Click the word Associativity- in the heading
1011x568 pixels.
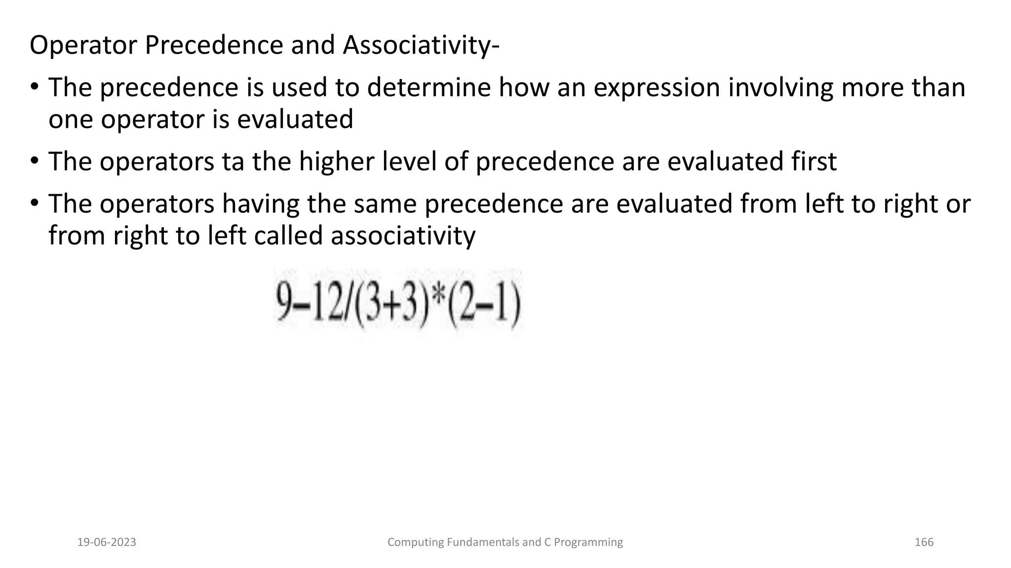coord(421,45)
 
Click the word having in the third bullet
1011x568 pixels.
coord(261,204)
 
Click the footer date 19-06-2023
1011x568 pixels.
coord(107,542)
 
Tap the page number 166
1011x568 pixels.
coord(924,542)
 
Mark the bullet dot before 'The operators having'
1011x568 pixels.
coord(34,203)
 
